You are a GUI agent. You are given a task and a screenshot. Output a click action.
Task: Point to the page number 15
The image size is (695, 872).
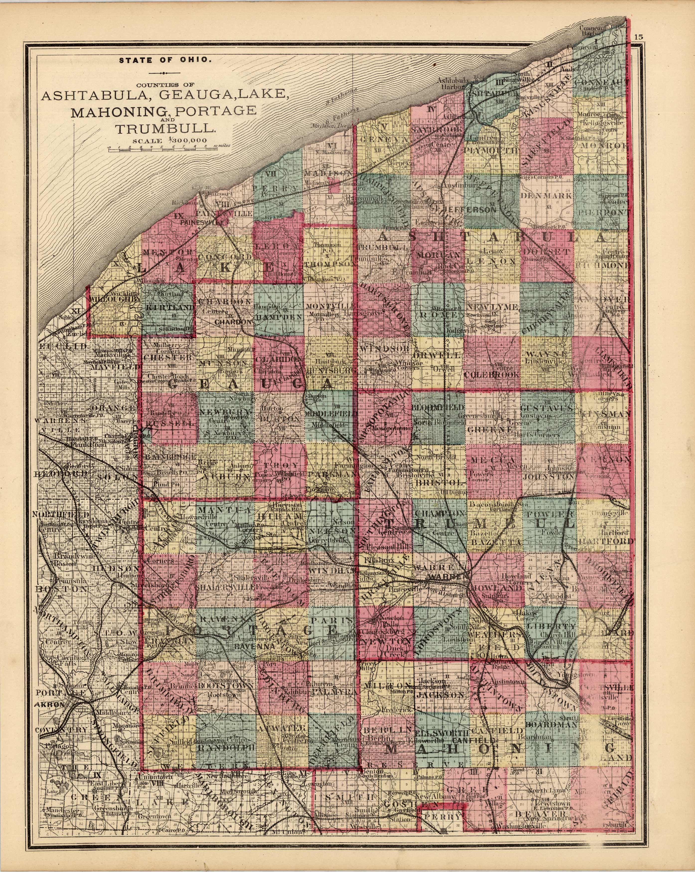pos(638,37)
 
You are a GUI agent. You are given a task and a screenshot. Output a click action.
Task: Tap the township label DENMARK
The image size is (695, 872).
pos(546,195)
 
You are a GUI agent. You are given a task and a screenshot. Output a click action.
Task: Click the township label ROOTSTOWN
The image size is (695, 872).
pos(226,686)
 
